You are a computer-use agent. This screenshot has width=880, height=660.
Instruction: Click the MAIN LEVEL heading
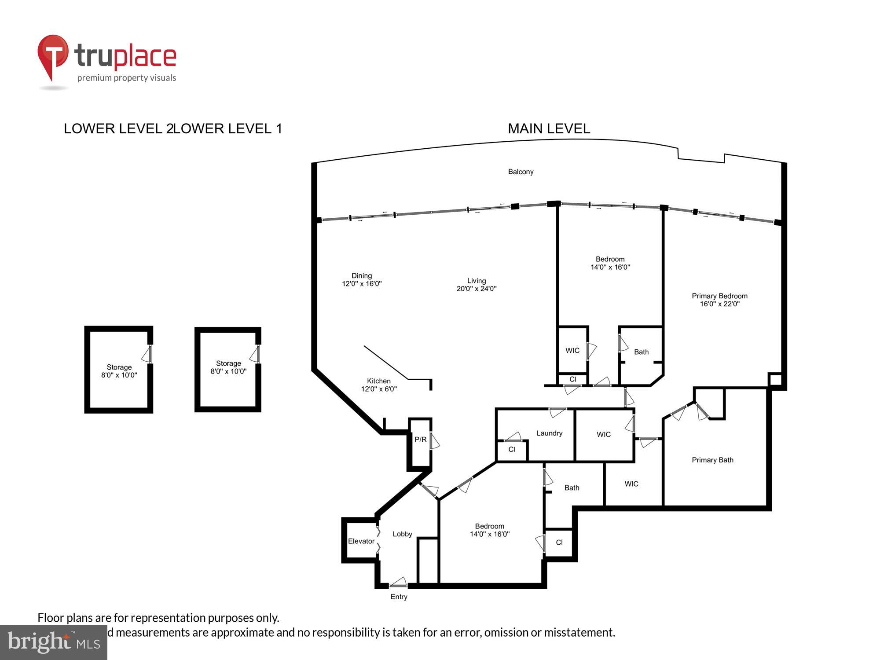(x=549, y=128)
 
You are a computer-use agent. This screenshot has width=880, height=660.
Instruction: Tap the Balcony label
(x=521, y=172)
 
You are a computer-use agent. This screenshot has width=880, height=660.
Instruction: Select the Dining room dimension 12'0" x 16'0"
(x=362, y=284)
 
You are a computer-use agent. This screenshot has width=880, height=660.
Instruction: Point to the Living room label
(x=477, y=281)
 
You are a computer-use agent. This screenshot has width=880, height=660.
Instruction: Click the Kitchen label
(x=379, y=381)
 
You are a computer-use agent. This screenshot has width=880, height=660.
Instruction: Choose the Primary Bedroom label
(x=719, y=296)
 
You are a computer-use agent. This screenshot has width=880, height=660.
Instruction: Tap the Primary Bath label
(x=712, y=460)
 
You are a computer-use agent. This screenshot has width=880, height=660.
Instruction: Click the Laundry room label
(x=549, y=433)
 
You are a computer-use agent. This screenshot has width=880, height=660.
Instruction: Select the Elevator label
(x=361, y=541)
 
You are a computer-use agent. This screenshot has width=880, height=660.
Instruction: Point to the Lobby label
(x=402, y=534)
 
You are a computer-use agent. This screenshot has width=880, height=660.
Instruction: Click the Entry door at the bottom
(x=399, y=584)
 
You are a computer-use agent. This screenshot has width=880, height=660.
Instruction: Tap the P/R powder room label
(x=420, y=439)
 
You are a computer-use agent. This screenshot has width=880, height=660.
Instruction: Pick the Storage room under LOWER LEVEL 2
(x=119, y=370)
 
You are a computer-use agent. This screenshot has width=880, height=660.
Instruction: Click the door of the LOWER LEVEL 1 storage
(x=256, y=354)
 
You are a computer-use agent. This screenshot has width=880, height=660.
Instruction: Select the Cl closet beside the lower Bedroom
(x=559, y=543)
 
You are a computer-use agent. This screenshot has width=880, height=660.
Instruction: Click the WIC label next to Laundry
(x=604, y=434)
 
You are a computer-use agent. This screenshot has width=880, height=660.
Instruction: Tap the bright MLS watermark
(x=53, y=642)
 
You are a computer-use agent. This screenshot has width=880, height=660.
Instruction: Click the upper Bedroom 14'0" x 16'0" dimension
(x=610, y=267)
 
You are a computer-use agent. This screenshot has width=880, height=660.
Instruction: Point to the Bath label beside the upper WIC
(x=641, y=352)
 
